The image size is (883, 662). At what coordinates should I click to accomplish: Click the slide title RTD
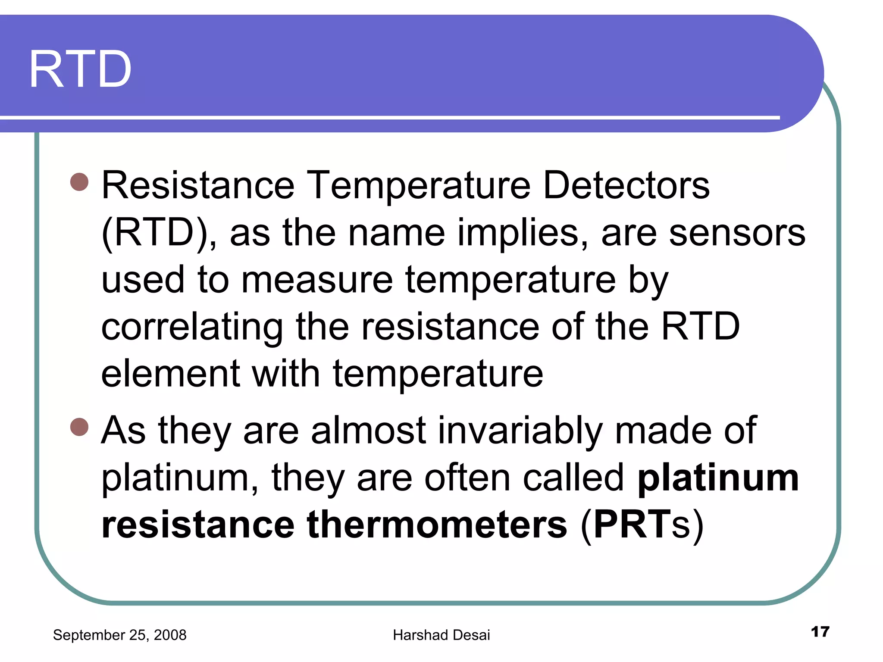pos(80,70)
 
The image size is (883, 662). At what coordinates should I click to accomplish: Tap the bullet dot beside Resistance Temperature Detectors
pos(79,182)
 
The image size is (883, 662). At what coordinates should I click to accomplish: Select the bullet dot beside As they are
pos(79,427)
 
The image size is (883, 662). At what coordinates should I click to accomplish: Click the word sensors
pos(737,233)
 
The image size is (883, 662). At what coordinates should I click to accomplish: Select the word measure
pos(317,280)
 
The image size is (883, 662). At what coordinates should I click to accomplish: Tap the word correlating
pos(192,328)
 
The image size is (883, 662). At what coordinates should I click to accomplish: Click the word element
pos(170,374)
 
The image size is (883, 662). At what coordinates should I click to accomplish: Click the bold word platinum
pos(718,479)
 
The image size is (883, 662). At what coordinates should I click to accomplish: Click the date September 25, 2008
pos(119,635)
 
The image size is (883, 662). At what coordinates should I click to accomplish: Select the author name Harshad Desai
pos(441,635)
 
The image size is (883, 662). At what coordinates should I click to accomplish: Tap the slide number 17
pos(820,632)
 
